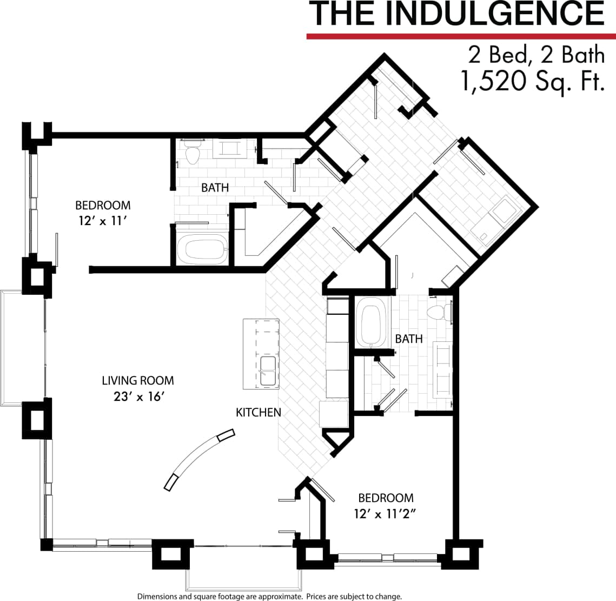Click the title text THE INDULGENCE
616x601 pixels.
click(456, 14)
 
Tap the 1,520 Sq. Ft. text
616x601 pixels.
click(532, 82)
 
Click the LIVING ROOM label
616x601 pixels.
click(138, 380)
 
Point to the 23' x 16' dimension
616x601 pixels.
click(138, 397)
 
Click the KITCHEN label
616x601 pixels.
click(259, 412)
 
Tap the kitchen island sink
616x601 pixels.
click(269, 371)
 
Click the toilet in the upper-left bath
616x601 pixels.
click(191, 154)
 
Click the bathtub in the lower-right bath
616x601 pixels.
click(372, 326)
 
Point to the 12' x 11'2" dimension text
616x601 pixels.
click(388, 514)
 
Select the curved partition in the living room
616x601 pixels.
click(200, 459)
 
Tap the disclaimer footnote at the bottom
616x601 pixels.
click(269, 596)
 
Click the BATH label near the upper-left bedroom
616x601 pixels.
click(215, 188)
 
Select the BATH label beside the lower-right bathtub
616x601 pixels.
click(408, 339)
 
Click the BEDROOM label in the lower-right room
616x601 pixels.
click(386, 498)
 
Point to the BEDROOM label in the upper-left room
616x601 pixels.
click(103, 205)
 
